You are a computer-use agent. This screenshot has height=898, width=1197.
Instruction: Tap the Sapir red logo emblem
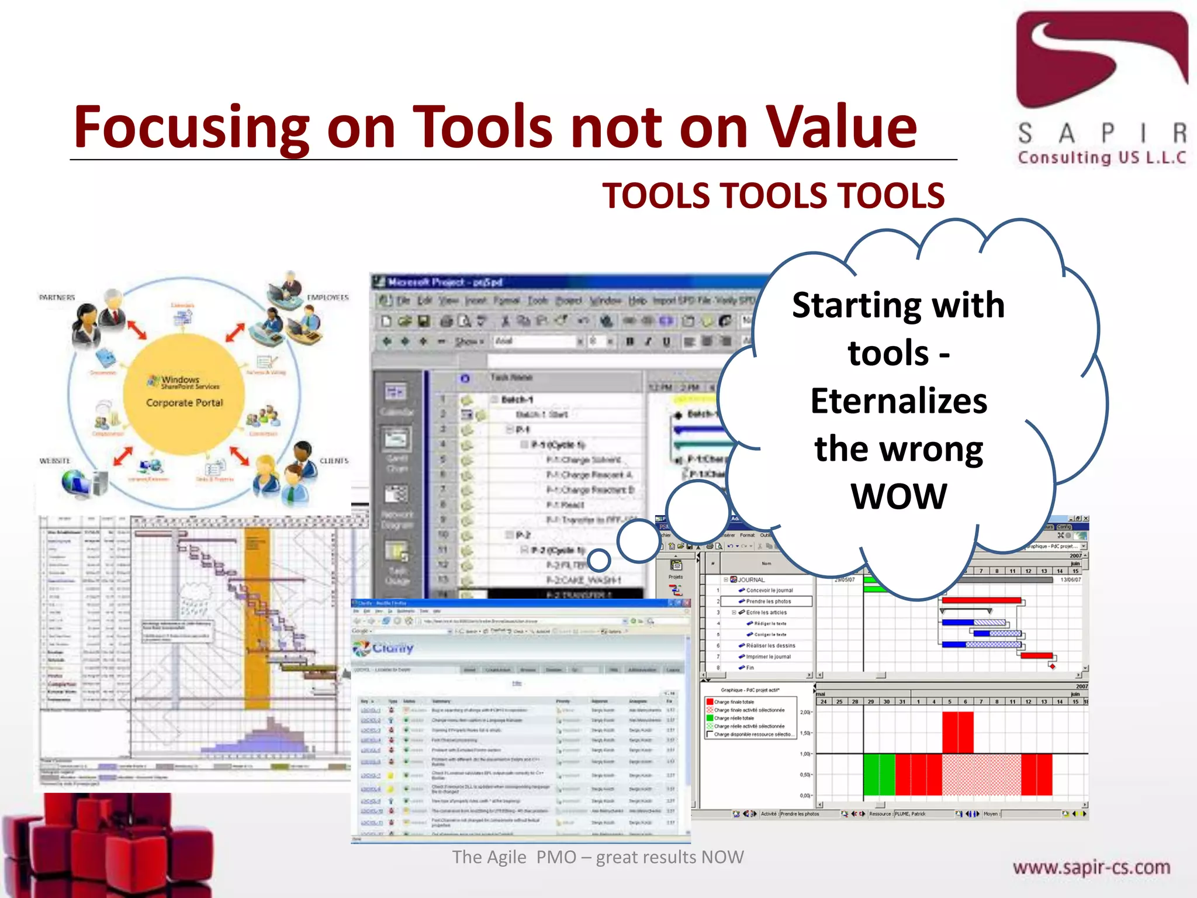[1101, 58]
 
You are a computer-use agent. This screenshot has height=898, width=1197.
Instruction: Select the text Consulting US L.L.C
[1101, 157]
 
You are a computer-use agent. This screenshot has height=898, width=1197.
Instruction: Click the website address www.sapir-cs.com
[1091, 867]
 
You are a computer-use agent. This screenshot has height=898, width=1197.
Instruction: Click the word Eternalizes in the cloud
[898, 401]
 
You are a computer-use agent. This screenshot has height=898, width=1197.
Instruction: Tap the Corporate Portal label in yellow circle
[184, 403]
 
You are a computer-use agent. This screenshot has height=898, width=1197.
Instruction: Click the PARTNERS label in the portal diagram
[57, 298]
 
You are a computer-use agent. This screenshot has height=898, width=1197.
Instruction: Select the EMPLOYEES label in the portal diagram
[327, 298]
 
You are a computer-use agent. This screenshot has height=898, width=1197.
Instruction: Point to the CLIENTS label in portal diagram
[334, 461]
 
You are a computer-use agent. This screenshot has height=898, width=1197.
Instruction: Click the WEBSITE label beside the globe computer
[55, 461]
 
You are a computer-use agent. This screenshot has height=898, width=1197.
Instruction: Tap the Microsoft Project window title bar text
[444, 282]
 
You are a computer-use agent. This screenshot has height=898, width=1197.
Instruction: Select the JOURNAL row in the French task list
[750, 580]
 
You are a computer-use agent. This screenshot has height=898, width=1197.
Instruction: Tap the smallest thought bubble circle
[598, 561]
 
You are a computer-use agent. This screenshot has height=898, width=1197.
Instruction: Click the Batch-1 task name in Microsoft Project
[517, 399]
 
